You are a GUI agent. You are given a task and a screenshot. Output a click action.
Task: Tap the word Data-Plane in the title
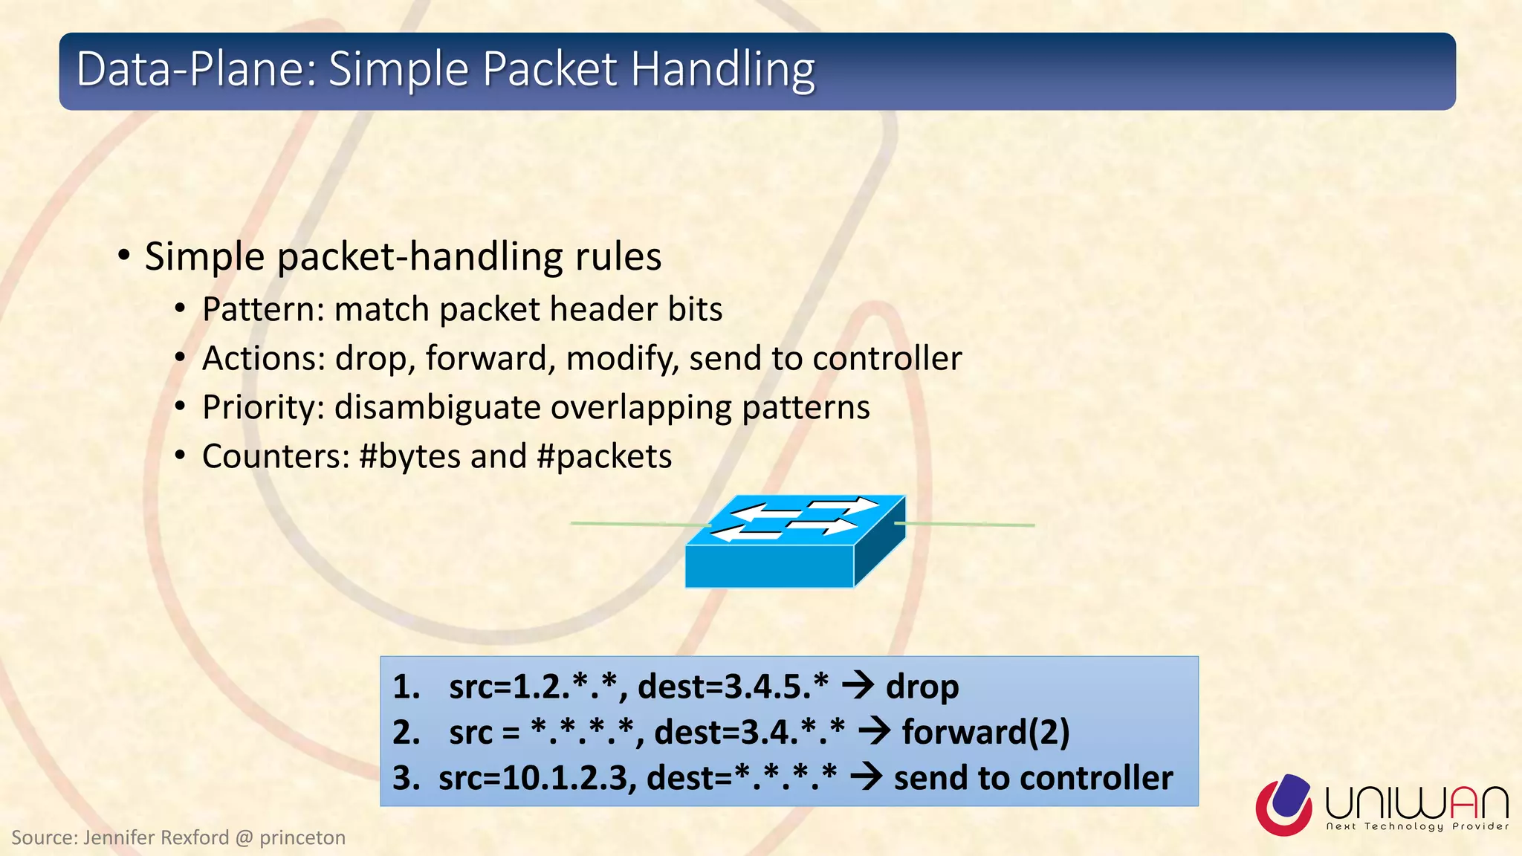197,69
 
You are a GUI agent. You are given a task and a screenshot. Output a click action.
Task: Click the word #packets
603,457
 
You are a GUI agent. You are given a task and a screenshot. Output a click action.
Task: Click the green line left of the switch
632,525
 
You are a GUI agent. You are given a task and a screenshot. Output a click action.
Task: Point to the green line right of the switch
966,525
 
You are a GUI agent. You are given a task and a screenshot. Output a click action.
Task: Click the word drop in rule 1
922,687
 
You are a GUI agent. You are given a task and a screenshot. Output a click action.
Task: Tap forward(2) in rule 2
985,732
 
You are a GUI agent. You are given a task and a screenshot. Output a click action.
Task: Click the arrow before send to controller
865,777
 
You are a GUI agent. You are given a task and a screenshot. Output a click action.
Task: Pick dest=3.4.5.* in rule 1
733,686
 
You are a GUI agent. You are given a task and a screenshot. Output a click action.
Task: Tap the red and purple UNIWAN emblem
1284,805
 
